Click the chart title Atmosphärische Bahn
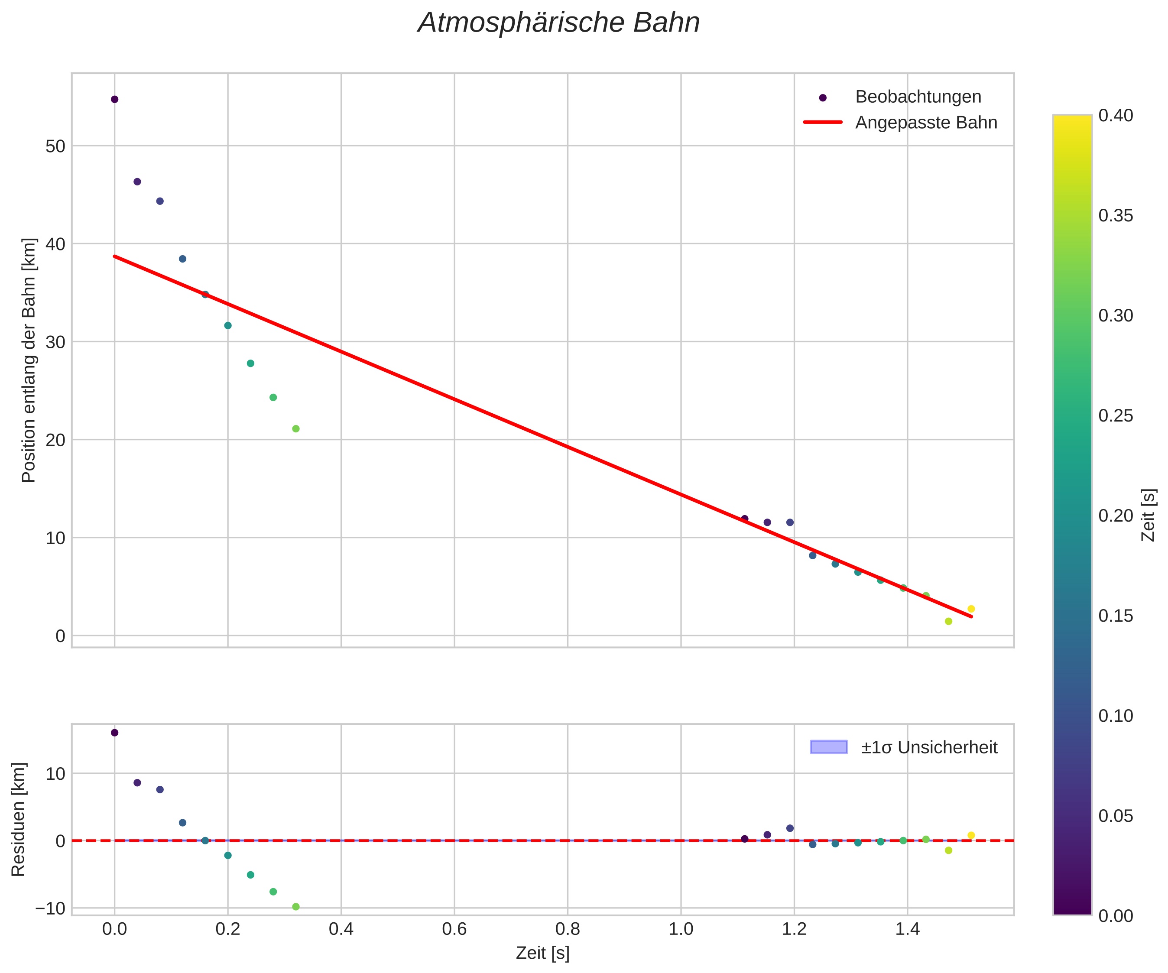(558, 23)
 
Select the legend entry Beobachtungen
(918, 97)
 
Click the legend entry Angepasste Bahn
(926, 123)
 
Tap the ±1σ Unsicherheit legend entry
(929, 747)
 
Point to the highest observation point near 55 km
(114, 100)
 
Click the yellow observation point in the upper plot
(971, 609)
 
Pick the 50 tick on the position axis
(55, 146)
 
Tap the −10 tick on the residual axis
(50, 908)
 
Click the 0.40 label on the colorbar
(1116, 116)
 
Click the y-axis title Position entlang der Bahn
(29, 360)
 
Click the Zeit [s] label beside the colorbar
(1149, 515)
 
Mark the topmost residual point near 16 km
(114, 733)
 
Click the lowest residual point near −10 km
(296, 907)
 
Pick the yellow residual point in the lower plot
(971, 835)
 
